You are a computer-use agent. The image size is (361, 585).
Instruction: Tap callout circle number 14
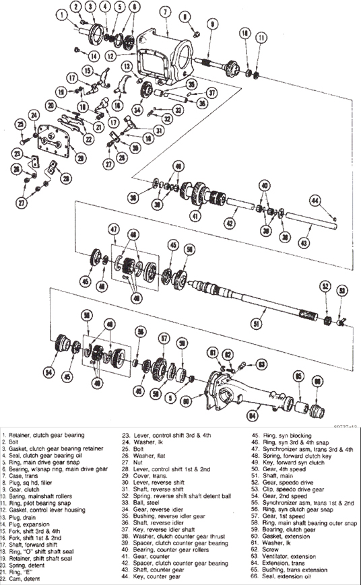pos(94,55)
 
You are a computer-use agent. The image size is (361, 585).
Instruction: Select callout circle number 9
pos(212,24)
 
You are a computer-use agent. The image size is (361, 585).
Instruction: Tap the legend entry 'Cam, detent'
pos(22,578)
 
